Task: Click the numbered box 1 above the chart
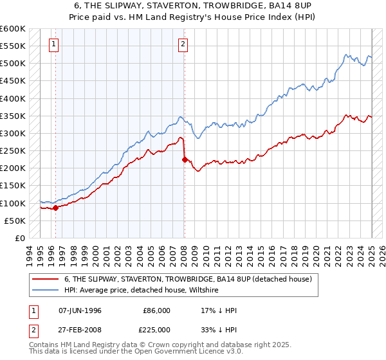pos(53,44)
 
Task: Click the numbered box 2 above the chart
pos(183,44)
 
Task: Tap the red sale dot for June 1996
pos(55,208)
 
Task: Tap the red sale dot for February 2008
pos(185,159)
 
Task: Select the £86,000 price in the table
pos(156,310)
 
